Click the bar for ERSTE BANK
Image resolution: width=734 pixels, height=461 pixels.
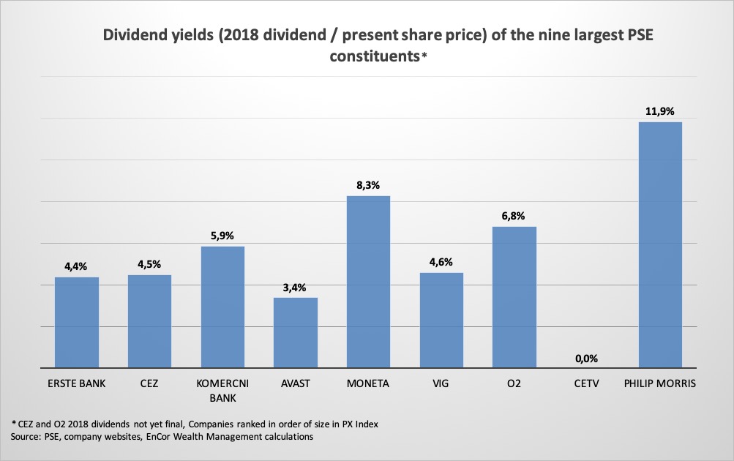click(77, 322)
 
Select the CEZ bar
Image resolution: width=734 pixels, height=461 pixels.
click(149, 321)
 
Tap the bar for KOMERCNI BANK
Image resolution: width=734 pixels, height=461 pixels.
click(222, 307)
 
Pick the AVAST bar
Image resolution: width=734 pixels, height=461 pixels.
click(296, 332)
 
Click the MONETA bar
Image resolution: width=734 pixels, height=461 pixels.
click(368, 282)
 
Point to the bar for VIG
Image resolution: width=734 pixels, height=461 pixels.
click(441, 320)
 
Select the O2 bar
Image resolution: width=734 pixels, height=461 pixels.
click(514, 297)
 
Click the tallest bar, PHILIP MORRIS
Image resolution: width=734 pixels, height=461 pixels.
click(660, 244)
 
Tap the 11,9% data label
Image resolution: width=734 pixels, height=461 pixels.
click(660, 111)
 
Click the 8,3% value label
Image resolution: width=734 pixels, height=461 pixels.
click(368, 186)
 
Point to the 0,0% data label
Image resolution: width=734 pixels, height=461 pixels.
click(587, 358)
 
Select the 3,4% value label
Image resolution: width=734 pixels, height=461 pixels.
click(296, 288)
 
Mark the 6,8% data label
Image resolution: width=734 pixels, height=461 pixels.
click(514, 216)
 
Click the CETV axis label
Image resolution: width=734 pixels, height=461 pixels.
click(587, 383)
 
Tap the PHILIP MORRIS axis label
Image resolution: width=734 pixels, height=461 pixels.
click(660, 383)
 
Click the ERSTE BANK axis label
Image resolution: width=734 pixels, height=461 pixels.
click(77, 383)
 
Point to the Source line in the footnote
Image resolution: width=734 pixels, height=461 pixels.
click(162, 437)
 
